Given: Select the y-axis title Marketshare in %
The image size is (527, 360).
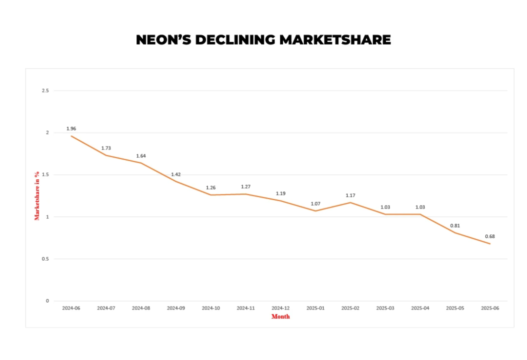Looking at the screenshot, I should click(37, 195).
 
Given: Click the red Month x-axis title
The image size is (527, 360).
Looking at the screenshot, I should click(280, 316).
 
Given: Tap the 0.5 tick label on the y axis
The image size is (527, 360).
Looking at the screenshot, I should click(45, 259).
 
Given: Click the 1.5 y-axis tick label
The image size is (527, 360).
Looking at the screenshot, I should click(45, 175).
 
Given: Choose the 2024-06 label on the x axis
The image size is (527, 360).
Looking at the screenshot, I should click(71, 308).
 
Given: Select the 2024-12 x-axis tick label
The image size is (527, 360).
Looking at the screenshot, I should click(280, 308).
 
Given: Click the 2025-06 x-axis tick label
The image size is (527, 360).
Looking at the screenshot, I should click(490, 308).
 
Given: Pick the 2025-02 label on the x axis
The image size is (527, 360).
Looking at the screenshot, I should click(350, 308).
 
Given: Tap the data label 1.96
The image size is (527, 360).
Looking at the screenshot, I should click(71, 128).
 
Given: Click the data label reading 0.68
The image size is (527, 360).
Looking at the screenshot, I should click(490, 236).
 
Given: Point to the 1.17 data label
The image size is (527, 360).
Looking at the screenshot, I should click(350, 195).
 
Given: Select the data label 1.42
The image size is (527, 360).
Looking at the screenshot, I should click(176, 174).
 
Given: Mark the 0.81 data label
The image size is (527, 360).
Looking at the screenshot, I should click(455, 225).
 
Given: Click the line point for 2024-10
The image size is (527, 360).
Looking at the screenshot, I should click(210, 195).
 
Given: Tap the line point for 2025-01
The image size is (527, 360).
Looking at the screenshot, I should click(315, 211).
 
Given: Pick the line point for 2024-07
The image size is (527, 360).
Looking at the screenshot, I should click(106, 155).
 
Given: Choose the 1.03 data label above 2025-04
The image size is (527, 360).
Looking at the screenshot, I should click(420, 207).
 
